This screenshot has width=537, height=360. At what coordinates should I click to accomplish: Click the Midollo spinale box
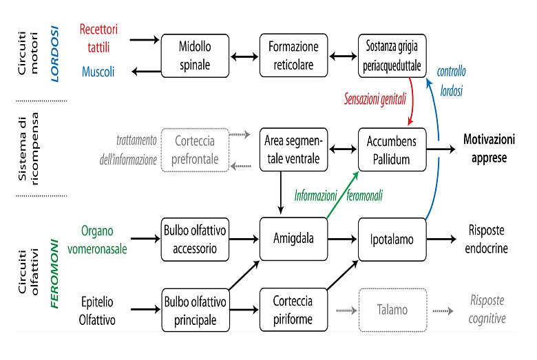(194, 56)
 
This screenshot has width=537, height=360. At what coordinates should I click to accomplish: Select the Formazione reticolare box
(293, 56)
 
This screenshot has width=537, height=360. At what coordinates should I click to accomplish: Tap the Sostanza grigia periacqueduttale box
(392, 56)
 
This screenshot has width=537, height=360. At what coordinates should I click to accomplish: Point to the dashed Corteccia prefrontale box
(194, 149)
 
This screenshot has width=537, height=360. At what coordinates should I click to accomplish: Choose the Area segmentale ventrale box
(293, 149)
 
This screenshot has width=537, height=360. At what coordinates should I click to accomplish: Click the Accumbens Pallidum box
(392, 149)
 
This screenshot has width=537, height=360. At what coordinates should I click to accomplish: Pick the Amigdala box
(293, 239)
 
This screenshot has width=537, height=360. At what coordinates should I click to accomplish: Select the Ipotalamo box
(392, 239)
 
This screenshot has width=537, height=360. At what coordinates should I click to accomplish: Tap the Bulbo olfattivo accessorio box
(194, 239)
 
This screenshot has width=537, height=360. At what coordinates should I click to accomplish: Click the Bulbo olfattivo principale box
(194, 310)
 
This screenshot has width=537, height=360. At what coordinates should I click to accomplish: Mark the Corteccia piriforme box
(293, 310)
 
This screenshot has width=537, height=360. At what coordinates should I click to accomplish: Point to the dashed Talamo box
(392, 310)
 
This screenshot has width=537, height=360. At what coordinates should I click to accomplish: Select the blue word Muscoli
(99, 71)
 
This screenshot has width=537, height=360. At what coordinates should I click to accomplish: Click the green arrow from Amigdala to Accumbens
(341, 196)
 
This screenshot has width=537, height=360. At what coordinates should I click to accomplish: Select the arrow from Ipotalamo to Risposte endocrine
(441, 239)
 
